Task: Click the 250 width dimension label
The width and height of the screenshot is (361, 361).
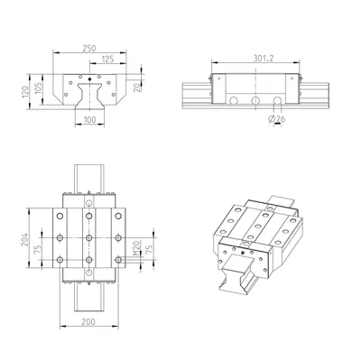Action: coord(89,48)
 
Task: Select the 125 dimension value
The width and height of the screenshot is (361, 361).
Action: coord(107,59)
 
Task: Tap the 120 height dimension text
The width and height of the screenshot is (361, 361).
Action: coord(25,92)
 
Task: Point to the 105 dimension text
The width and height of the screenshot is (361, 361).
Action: coord(38,88)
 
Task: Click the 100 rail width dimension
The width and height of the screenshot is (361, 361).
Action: coord(89,120)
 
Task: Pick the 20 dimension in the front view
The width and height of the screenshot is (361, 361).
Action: coord(137,88)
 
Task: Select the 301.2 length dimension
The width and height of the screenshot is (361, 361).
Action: coord(264,58)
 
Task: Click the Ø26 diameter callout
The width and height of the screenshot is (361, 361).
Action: coord(277,119)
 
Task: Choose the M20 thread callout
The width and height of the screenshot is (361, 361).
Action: coord(136,248)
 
